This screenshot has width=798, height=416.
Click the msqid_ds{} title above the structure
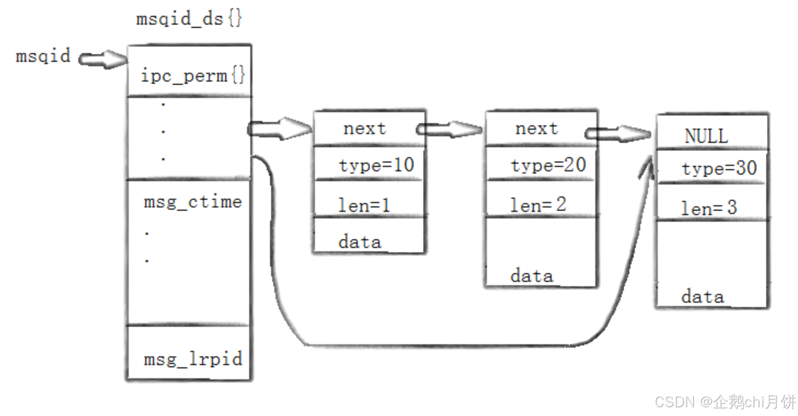point(189,19)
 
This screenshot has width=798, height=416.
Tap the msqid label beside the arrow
point(43,56)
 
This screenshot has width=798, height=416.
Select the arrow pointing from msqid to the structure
point(102,58)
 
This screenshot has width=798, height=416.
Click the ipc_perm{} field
point(192,75)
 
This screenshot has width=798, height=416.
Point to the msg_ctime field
point(192,202)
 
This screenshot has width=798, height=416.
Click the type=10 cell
point(376,164)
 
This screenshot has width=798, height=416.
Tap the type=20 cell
point(548,164)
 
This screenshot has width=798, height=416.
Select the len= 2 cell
point(538,205)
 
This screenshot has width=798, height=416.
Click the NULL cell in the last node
point(706,136)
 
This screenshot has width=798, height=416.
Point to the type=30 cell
point(719,168)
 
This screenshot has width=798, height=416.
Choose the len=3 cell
point(709,208)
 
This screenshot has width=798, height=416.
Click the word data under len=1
point(359,241)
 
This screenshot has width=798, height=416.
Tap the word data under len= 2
point(531,275)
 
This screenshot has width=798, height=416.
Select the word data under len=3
point(702,297)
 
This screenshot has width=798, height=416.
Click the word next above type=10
point(364,129)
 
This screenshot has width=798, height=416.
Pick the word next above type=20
point(536,129)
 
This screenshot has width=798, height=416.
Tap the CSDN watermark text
point(725,402)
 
